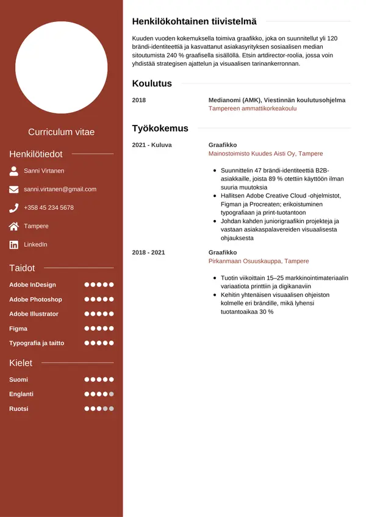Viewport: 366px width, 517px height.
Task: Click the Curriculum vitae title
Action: (62, 132)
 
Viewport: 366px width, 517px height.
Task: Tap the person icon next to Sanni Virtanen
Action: (14, 171)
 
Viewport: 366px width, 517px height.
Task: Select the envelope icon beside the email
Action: (14, 190)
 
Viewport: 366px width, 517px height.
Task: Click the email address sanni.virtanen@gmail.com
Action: (60, 190)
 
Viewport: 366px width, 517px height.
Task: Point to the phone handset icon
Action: (14, 208)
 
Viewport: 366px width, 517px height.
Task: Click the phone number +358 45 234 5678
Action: (49, 208)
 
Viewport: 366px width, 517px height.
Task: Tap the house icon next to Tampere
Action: (14, 226)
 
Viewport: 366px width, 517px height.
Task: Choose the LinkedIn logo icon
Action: (14, 244)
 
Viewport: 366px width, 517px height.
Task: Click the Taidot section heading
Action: (22, 268)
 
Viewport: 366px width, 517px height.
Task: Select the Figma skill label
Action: (18, 329)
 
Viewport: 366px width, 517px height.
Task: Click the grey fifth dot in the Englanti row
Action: (112, 394)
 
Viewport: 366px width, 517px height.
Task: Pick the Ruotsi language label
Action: (19, 409)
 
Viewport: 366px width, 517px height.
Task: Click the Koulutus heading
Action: (152, 84)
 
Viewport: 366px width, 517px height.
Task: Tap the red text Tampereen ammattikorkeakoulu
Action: (253, 109)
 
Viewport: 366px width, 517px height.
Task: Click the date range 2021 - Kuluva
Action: (152, 145)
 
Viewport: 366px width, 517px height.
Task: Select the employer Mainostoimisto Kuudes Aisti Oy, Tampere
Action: (265, 154)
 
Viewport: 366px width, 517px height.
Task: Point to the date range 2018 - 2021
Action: (148, 252)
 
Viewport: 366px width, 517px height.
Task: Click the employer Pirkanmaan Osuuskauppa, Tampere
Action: (259, 261)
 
